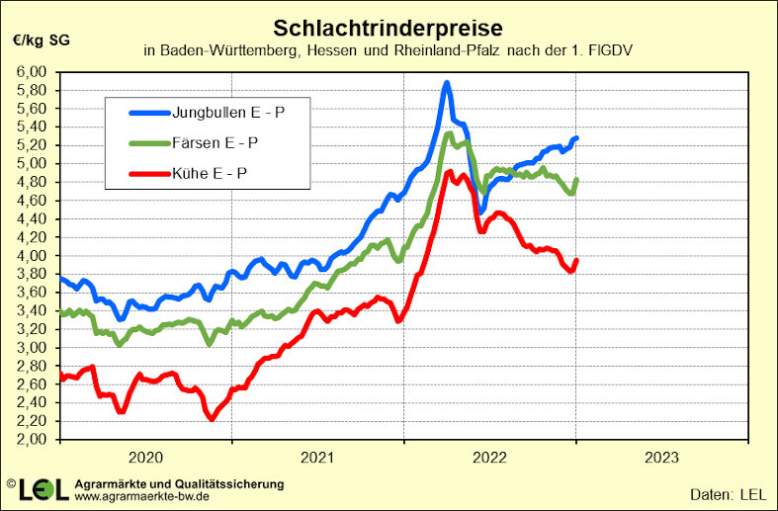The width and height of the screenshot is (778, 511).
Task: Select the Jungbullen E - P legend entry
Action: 228,112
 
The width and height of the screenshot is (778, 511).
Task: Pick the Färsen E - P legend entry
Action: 216,142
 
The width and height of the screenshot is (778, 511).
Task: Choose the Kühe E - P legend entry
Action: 211,174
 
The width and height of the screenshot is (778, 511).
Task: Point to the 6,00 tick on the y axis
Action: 33,72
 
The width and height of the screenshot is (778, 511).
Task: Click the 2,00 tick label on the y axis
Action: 33,440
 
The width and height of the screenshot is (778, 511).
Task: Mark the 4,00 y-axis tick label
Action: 33,256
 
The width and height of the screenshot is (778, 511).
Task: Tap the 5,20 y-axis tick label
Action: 33,145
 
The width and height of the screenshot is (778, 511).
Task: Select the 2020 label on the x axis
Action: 145,457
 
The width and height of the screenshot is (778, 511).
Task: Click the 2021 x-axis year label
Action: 317,457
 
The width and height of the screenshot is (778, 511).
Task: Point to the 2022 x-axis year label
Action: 489,457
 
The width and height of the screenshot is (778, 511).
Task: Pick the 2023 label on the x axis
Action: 661,457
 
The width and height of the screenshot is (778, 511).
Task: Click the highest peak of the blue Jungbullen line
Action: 447,83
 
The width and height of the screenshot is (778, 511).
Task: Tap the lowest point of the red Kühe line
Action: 212,418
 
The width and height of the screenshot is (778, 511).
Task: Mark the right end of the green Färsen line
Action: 576,180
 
